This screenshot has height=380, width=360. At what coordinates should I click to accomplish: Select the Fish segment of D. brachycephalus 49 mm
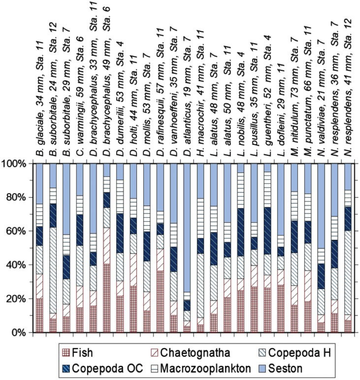(107, 298)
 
